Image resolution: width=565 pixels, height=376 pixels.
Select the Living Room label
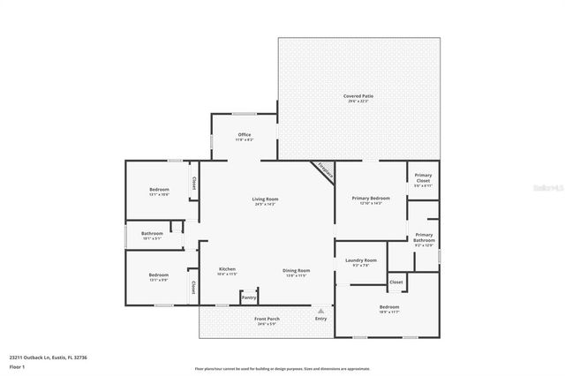pyautogui.click(x=266, y=201)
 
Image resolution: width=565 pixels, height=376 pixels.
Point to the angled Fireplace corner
pyautogui.click(x=323, y=171)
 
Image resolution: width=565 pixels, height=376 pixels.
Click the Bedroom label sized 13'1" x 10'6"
pyautogui.click(x=159, y=192)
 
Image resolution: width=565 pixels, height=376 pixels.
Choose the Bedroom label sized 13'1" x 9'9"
pyautogui.click(x=159, y=276)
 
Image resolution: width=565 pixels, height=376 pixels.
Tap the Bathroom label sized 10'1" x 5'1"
pyautogui.click(x=153, y=236)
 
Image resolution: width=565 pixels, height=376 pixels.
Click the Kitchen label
pyautogui.click(x=227, y=271)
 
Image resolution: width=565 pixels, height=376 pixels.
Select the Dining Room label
pyautogui.click(x=296, y=272)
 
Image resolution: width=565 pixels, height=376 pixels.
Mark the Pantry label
pyautogui.click(x=249, y=297)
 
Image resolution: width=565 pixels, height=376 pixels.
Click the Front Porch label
pyautogui.click(x=267, y=320)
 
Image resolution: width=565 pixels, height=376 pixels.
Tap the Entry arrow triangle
pyautogui.click(x=321, y=311)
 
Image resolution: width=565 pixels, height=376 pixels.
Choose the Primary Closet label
pyautogui.click(x=423, y=182)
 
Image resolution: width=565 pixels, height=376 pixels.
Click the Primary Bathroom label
pyautogui.click(x=424, y=238)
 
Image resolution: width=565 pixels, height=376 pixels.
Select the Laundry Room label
pyautogui.click(x=359, y=262)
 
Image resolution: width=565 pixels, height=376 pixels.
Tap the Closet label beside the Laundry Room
pyautogui.click(x=395, y=282)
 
